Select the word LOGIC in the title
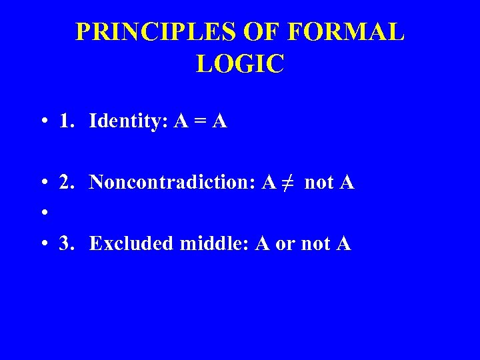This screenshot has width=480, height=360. (240, 64)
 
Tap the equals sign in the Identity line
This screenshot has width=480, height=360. (199, 123)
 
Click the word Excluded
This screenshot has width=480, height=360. (131, 244)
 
